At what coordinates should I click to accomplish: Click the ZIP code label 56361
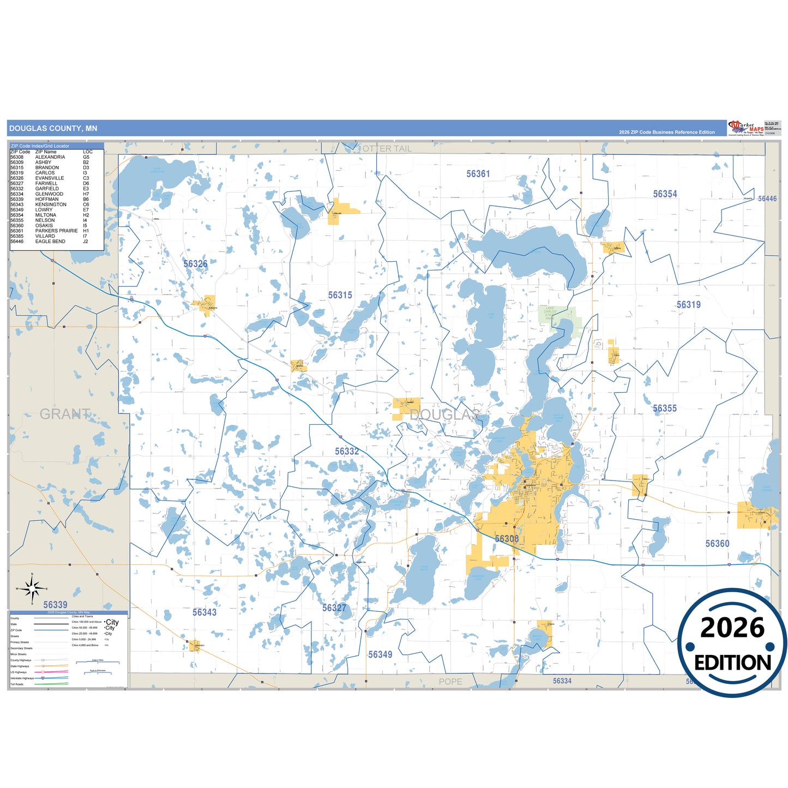478,174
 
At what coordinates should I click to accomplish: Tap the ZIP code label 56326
195,264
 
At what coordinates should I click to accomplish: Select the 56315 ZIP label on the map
340,295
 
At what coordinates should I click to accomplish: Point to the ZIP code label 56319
688,305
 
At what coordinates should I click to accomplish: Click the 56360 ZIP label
717,544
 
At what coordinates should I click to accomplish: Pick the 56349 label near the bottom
380,654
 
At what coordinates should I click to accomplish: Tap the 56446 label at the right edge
767,198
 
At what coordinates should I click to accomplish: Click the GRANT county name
65,414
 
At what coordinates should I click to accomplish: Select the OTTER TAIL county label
387,149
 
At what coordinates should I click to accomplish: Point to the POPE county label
450,682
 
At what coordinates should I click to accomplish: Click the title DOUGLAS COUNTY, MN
53,129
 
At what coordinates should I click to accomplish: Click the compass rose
32,588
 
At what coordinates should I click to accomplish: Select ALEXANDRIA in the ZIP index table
50,157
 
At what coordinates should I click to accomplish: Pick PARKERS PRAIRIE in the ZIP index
56,231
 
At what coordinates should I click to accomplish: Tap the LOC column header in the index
87,152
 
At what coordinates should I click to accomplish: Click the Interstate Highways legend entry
22,678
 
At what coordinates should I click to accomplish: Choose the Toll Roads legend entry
17,684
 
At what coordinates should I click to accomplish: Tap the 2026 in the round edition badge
732,628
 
